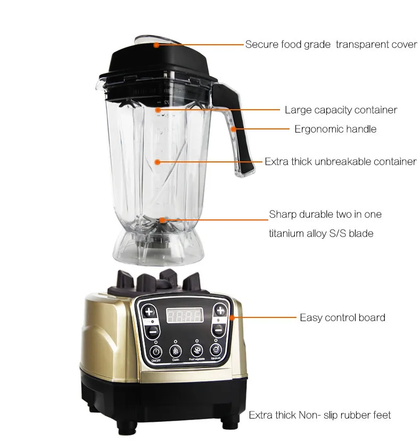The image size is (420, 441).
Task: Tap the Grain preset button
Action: (176, 352)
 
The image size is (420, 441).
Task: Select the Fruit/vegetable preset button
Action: (196, 351)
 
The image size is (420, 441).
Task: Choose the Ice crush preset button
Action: (216, 350)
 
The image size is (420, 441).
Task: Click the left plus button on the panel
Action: (149, 312)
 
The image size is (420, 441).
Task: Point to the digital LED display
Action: (184, 316)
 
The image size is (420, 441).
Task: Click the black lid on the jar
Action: (160, 61)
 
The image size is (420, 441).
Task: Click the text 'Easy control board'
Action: (342, 317)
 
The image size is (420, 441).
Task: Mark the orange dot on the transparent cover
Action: (156, 45)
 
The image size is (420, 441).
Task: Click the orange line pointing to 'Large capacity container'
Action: (218, 110)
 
